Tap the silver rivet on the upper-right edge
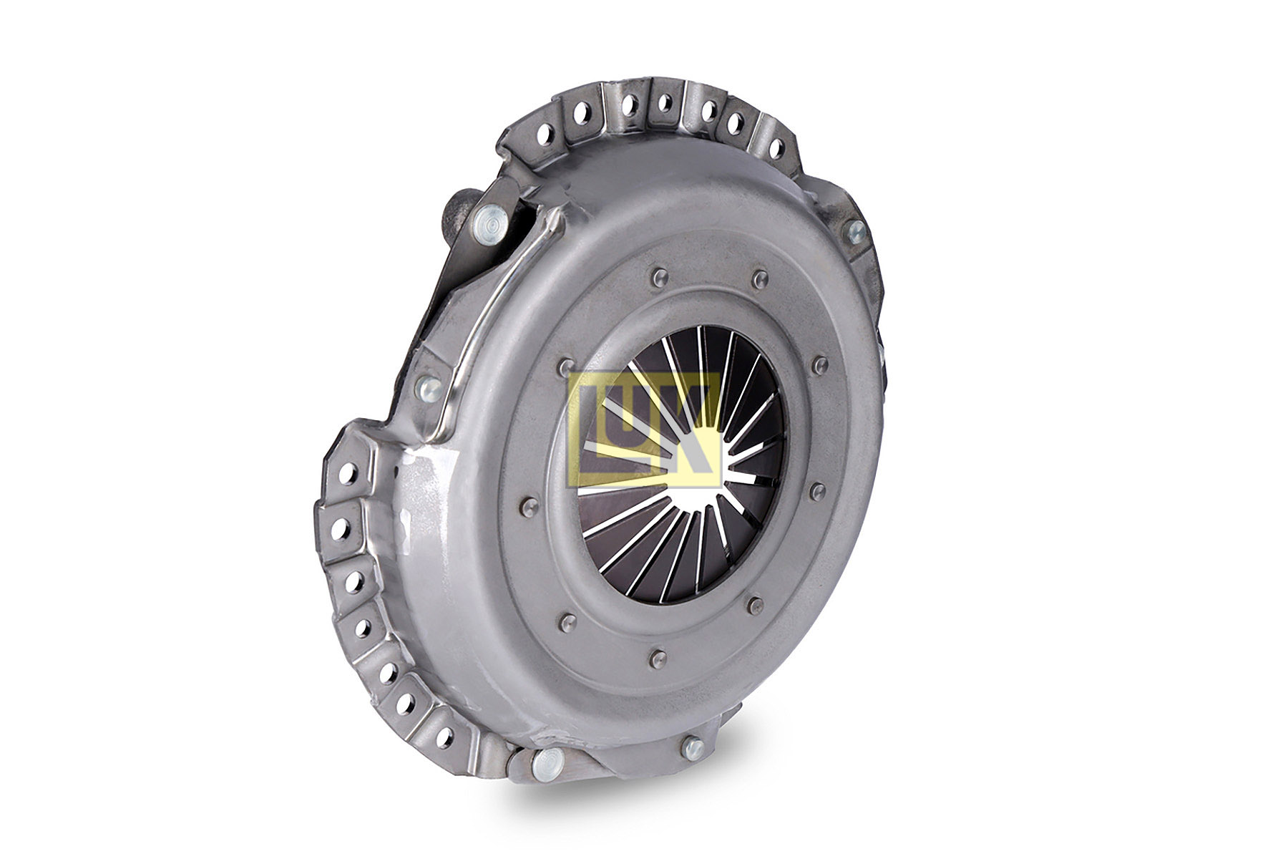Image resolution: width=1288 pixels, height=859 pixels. tap(854, 230)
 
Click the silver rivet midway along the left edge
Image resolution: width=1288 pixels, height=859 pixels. tap(429, 389)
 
